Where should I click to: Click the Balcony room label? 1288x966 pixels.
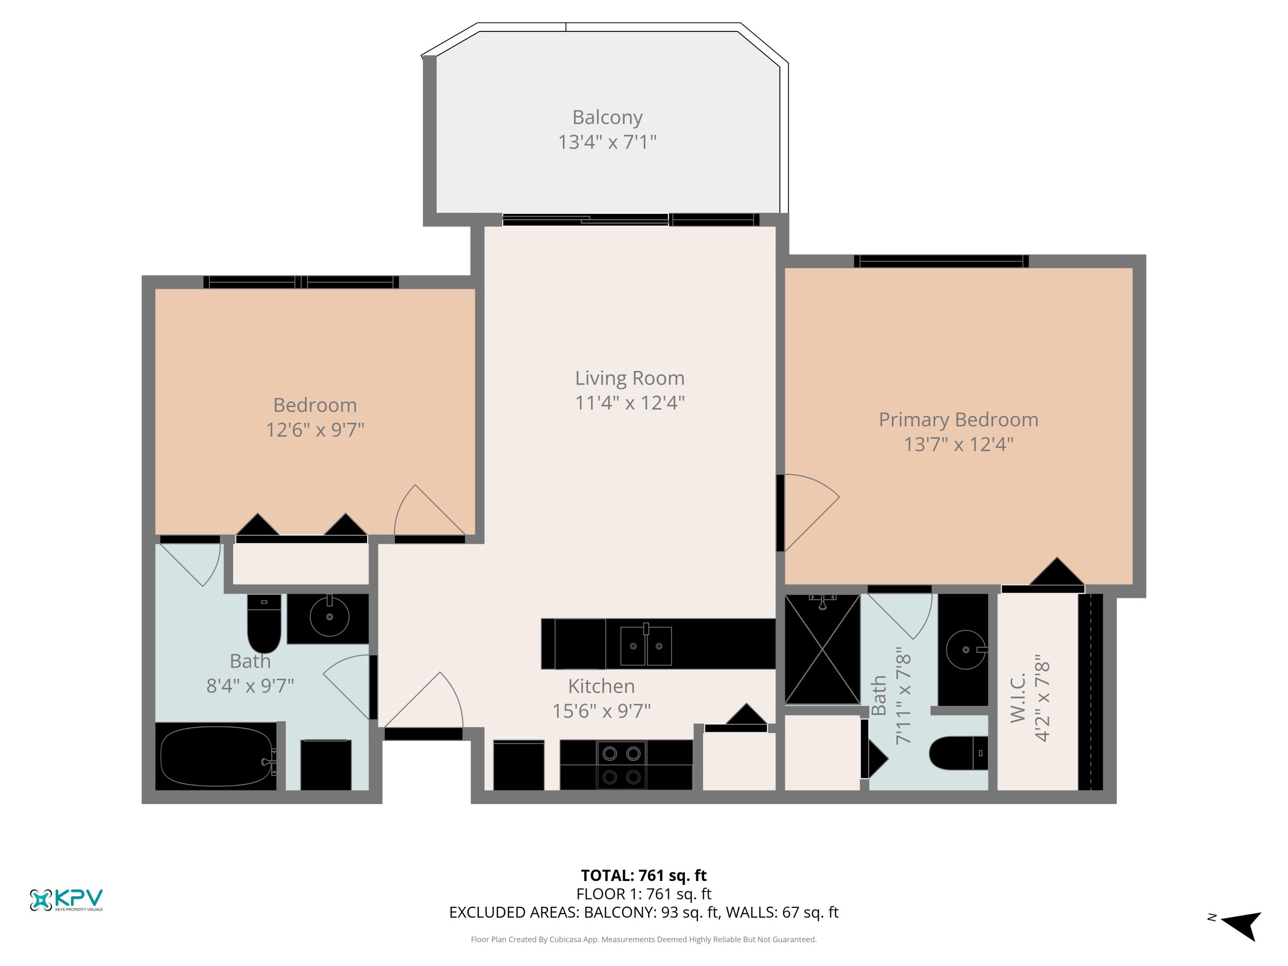[x=608, y=117]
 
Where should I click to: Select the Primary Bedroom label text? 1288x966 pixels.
[x=958, y=420]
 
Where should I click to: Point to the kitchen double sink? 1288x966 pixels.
[x=646, y=646]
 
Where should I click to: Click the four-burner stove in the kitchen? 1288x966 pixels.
[x=621, y=765]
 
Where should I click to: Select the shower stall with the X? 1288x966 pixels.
[x=822, y=649]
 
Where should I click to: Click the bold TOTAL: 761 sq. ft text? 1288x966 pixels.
[x=644, y=875]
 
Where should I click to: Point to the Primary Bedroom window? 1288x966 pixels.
[x=941, y=261]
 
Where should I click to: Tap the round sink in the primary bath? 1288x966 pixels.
[x=966, y=649]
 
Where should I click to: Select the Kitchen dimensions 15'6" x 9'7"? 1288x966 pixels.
[x=601, y=711]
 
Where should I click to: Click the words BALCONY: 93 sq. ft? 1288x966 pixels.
[x=652, y=912]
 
